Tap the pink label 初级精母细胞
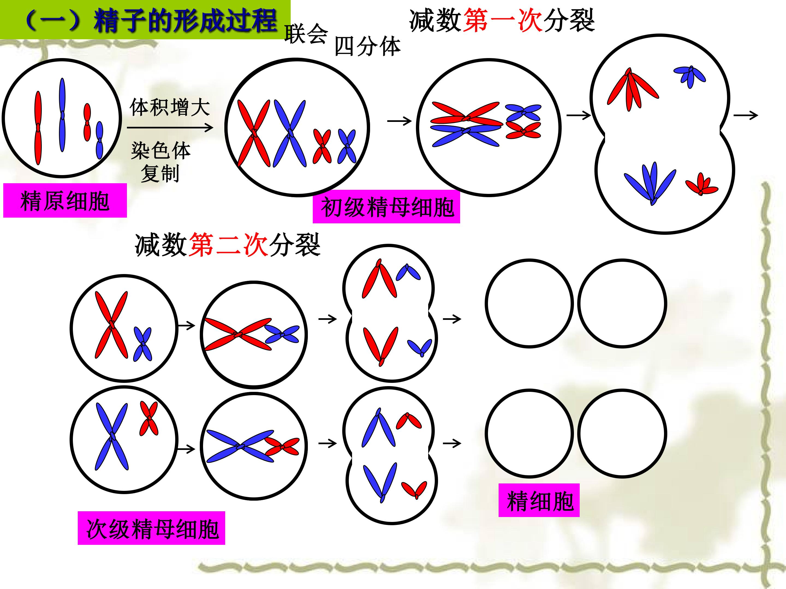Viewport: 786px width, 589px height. [x=386, y=207]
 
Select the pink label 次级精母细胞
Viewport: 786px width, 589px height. [x=151, y=528]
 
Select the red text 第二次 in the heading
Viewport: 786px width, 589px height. [x=228, y=245]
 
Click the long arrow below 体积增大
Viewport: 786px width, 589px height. [x=170, y=127]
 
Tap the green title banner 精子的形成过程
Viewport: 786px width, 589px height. [x=145, y=20]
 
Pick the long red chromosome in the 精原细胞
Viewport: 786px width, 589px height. [x=38, y=128]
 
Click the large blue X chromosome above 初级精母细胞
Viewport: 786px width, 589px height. [x=290, y=133]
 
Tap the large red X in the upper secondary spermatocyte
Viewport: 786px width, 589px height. [x=111, y=324]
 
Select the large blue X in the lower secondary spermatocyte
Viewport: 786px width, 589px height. [x=112, y=436]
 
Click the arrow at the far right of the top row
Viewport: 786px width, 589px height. [x=746, y=115]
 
